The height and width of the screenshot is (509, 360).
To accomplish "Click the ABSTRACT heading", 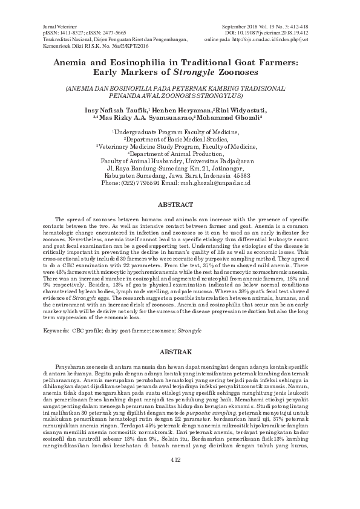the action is (180, 205).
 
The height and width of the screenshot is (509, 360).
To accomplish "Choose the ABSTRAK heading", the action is (180, 351).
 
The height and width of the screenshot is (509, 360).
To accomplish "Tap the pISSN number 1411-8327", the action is (68, 33).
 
